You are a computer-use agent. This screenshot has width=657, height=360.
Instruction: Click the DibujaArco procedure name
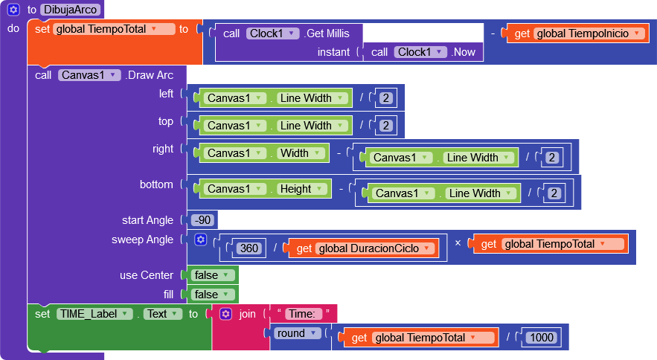[x=71, y=10]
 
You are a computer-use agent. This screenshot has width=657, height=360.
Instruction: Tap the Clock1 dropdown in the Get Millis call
[x=272, y=33]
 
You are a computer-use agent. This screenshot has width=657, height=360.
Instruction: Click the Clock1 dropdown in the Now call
[x=420, y=52]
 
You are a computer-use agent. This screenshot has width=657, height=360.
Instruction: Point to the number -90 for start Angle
[x=202, y=220]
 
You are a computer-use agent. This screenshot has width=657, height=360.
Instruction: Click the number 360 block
[x=251, y=248]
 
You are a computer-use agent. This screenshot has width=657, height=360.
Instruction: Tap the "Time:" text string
[x=305, y=314]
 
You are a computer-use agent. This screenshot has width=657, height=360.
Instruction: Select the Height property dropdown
[x=300, y=189]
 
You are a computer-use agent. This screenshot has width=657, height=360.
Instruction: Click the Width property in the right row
[x=299, y=153]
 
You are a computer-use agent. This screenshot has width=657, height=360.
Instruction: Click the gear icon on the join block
[x=226, y=314]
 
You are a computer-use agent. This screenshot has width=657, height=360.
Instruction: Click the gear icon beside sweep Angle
[x=200, y=240]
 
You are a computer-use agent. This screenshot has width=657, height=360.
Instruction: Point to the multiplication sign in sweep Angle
[x=458, y=244]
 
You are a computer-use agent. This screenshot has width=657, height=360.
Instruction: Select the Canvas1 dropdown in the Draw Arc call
[x=89, y=74]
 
